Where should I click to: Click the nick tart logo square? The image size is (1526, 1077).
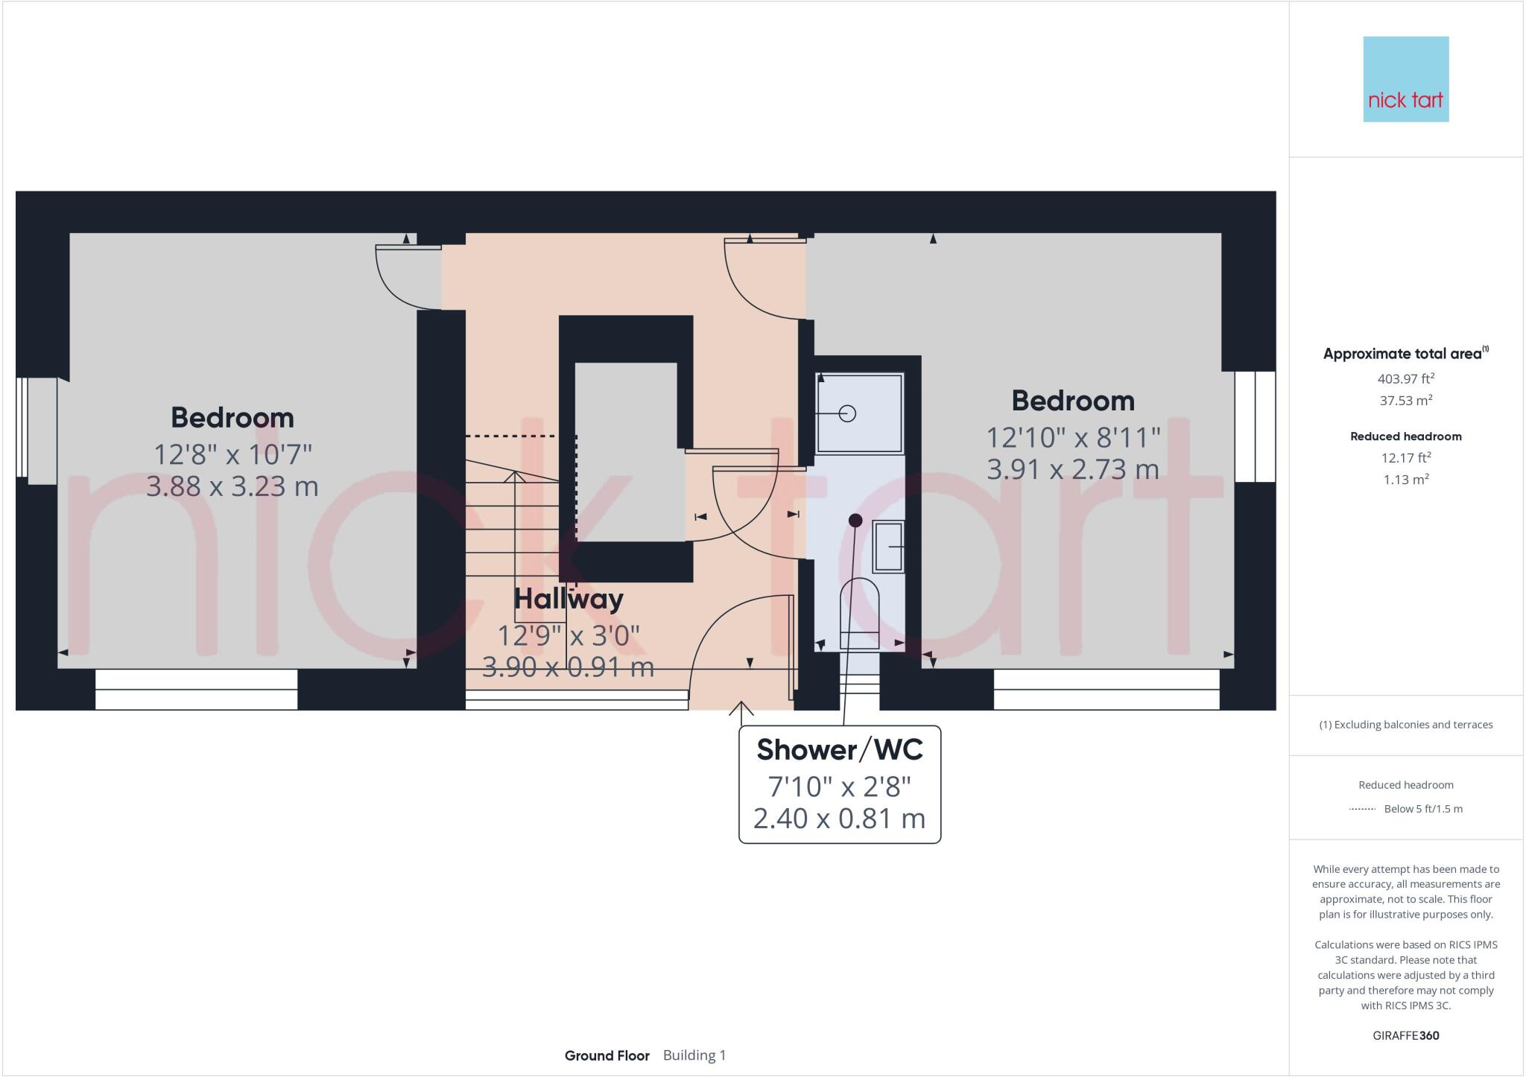pyautogui.click(x=1405, y=79)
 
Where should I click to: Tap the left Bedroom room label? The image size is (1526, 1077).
pyautogui.click(x=232, y=418)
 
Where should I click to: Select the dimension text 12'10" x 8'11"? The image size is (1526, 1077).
pyautogui.click(x=1073, y=437)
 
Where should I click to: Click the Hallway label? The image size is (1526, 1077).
pyautogui.click(x=569, y=599)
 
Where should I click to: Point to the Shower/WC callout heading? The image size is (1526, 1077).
pyautogui.click(x=840, y=750)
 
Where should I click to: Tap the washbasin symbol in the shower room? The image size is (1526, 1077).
pyautogui.click(x=888, y=547)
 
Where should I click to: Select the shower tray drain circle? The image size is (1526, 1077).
pyautogui.click(x=847, y=413)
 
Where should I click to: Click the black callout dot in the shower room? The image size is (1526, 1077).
pyautogui.click(x=855, y=520)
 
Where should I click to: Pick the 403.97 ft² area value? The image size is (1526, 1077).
pyautogui.click(x=1405, y=378)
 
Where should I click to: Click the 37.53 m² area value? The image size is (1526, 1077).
pyautogui.click(x=1405, y=401)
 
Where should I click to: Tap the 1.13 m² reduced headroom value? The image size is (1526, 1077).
pyautogui.click(x=1405, y=480)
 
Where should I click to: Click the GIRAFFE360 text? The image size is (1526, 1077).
pyautogui.click(x=1405, y=1035)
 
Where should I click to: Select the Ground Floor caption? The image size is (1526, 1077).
pyautogui.click(x=607, y=1055)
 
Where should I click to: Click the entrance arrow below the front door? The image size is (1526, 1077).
pyautogui.click(x=741, y=709)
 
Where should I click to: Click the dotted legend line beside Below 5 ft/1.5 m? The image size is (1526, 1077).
pyautogui.click(x=1362, y=809)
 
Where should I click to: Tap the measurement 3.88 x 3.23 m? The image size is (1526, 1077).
pyautogui.click(x=232, y=486)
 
